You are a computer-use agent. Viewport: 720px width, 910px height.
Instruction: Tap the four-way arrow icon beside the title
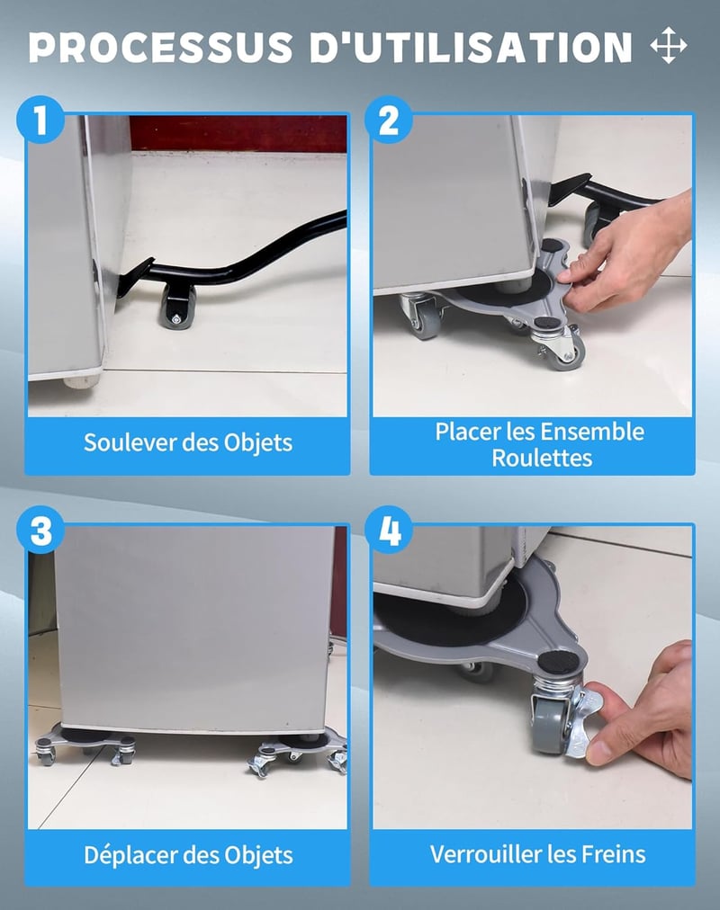[669, 45]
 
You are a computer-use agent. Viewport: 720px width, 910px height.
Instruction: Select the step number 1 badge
[40, 120]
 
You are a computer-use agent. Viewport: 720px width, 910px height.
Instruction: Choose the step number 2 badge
[389, 120]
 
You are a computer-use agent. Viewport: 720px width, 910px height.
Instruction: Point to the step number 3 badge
[40, 530]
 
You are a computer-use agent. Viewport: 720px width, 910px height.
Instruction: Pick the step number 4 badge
[389, 530]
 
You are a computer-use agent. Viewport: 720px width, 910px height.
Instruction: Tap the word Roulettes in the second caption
[542, 458]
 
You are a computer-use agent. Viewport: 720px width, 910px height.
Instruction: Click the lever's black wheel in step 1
[177, 307]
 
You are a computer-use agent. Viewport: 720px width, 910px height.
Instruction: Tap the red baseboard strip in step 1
[238, 133]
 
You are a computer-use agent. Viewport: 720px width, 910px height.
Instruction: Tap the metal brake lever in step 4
[581, 723]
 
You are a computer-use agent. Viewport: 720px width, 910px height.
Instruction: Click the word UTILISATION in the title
[471, 47]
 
